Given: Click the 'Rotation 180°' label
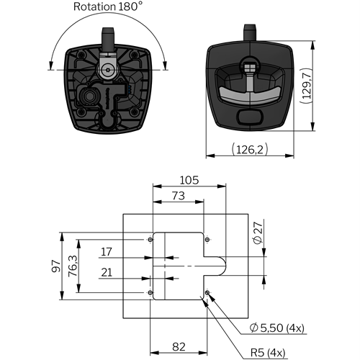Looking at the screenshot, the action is pyautogui.click(x=107, y=6).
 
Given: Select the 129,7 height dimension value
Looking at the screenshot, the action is pyautogui.click(x=307, y=86).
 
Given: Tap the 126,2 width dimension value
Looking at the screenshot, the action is pyautogui.click(x=250, y=149).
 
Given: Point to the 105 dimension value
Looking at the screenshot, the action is pyautogui.click(x=189, y=180).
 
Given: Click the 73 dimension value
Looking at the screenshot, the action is pyautogui.click(x=179, y=196).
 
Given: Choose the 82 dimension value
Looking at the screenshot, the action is pyautogui.click(x=179, y=347).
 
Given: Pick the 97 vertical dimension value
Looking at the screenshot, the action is pyautogui.click(x=56, y=266).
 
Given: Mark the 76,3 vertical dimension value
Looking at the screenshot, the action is pyautogui.click(x=73, y=266).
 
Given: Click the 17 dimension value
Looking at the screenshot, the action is pyautogui.click(x=107, y=252).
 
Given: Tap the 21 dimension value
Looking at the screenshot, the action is pyautogui.click(x=107, y=272).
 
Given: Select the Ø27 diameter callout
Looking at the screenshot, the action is pyautogui.click(x=258, y=233).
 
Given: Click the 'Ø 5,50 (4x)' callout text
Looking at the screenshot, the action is pyautogui.click(x=276, y=328).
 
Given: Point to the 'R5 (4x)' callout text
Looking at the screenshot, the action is pyautogui.click(x=268, y=353).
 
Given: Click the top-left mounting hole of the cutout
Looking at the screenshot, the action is pyautogui.click(x=150, y=240).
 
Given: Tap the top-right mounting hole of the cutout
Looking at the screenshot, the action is pyautogui.click(x=207, y=240).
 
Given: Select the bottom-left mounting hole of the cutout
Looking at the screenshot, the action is pyautogui.click(x=150, y=292).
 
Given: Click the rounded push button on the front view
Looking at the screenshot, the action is pyautogui.click(x=250, y=117).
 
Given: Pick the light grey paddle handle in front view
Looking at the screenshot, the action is pyautogui.click(x=250, y=95).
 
